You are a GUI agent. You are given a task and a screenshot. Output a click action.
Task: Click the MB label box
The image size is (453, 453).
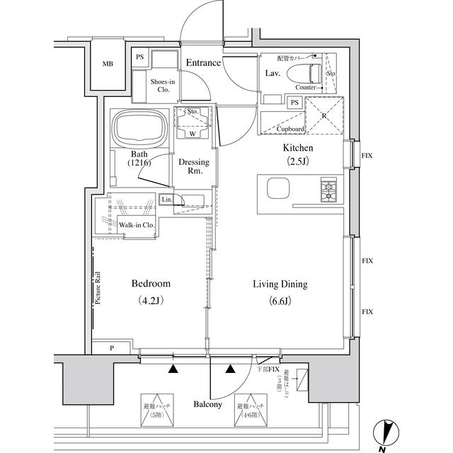point(108,64)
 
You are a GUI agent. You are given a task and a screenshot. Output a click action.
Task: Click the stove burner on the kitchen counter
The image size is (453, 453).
point(330,190)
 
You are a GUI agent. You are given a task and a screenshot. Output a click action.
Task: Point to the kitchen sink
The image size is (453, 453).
point(277,190)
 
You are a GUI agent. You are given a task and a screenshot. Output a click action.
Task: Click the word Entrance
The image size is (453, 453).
point(203,63)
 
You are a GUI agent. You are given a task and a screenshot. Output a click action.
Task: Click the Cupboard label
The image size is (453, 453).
point(290,130)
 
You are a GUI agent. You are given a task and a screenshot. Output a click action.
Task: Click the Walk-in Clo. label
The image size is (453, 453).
point(137,225)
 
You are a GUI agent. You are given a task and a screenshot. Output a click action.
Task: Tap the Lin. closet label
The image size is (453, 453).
point(166,200)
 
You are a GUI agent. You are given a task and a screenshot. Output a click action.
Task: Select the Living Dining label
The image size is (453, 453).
point(280,285)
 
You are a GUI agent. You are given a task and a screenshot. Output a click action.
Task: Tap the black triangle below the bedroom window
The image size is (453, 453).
point(173,368)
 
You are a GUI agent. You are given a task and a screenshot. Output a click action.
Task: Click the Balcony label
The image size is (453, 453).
point(208,405)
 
